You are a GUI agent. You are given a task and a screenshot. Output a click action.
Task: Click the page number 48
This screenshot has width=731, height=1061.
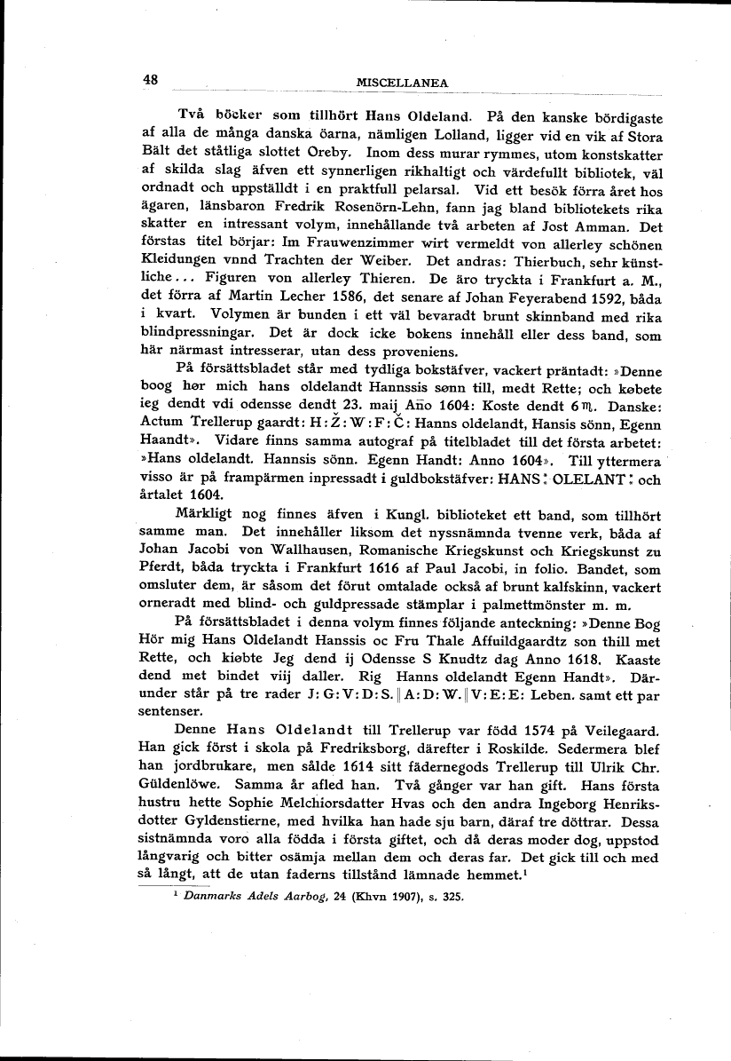(150, 80)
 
